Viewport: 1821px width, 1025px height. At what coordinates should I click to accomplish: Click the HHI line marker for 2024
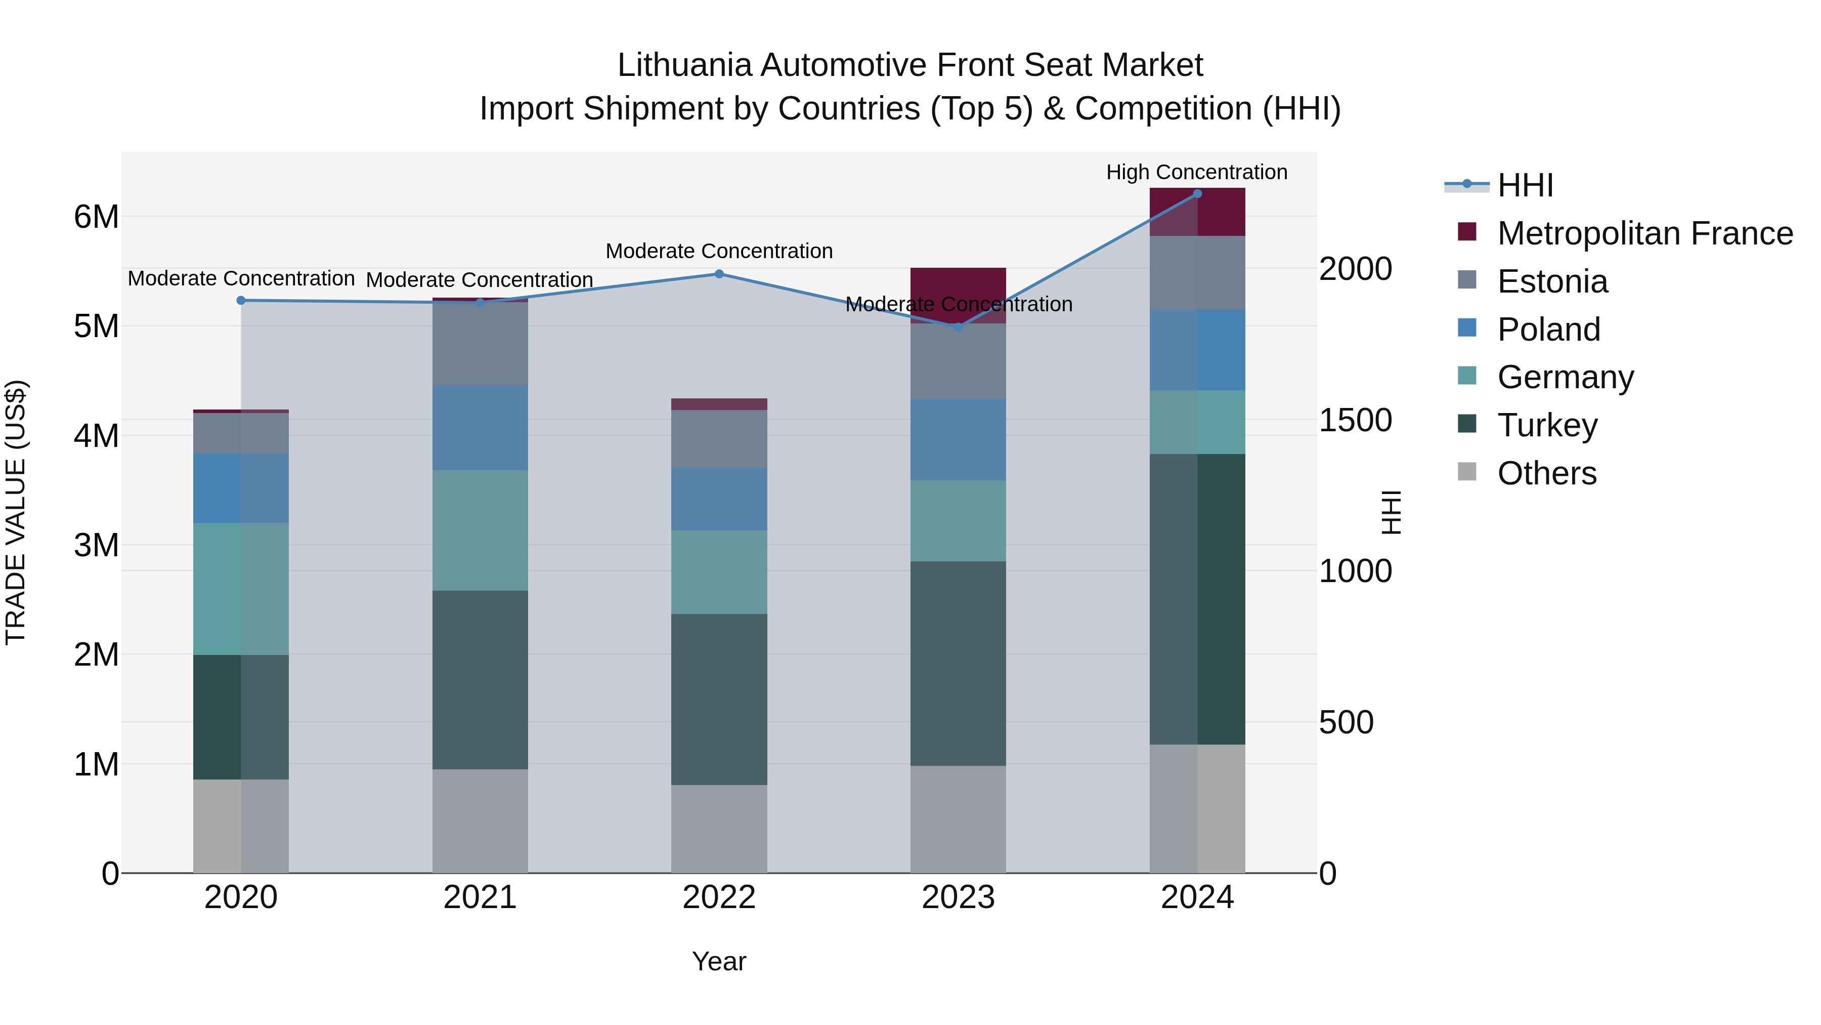tap(1197, 194)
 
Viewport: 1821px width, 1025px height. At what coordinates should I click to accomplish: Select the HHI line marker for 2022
tap(719, 274)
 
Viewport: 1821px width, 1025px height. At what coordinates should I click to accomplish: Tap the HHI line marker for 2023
tap(958, 327)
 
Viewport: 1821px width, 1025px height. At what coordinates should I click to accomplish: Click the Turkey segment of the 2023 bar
tap(958, 664)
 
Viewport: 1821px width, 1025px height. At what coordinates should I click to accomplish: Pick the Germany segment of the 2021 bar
tap(480, 530)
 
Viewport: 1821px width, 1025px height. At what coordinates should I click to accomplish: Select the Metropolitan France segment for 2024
tap(1197, 212)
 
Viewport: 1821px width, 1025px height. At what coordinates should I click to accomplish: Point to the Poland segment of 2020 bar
tap(240, 488)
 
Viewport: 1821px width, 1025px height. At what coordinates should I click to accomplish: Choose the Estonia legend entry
tap(1552, 281)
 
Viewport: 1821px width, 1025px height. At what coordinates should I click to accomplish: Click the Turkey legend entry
tap(1547, 425)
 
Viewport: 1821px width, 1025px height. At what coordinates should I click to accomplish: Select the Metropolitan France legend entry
tap(1644, 233)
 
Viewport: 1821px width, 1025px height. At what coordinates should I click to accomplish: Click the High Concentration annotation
tap(1196, 172)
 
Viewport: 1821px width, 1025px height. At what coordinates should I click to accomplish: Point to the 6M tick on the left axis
tap(96, 217)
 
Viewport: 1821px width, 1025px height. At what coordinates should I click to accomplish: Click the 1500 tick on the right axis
tap(1355, 420)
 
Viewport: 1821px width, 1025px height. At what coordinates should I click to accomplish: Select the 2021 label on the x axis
tap(480, 897)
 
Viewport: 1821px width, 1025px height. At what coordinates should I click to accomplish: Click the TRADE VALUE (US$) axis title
tap(16, 512)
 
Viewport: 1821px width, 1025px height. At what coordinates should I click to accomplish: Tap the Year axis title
tap(719, 961)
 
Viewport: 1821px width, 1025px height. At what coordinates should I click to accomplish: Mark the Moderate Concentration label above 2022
tap(719, 251)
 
